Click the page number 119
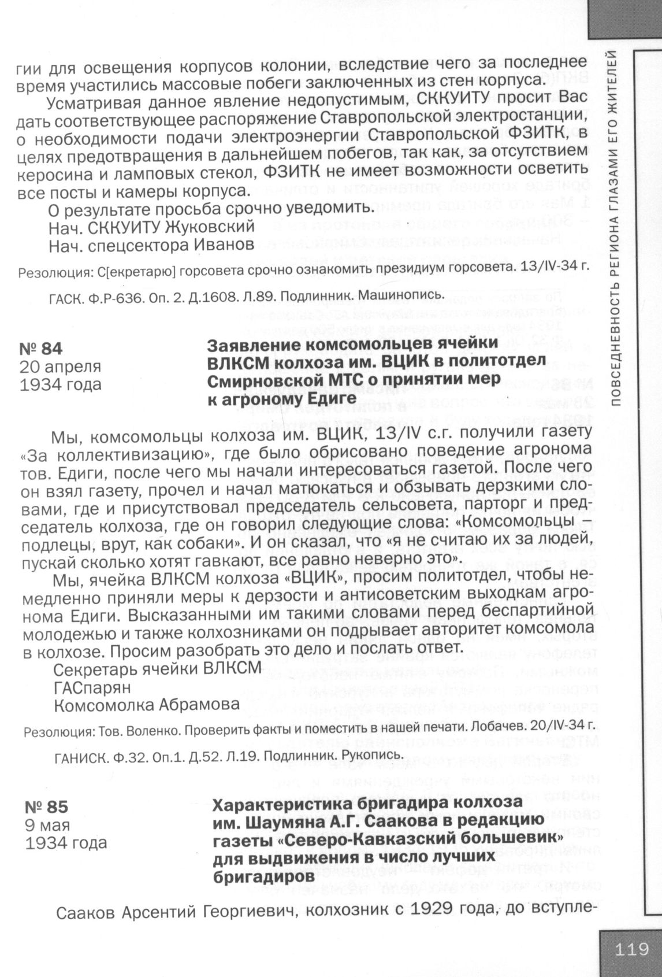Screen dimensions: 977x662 coord(632,949)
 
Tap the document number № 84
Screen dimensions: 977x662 coord(41,349)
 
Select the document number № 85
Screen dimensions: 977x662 coord(47,806)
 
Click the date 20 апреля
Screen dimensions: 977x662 coord(61,367)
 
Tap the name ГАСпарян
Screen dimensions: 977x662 coord(92,687)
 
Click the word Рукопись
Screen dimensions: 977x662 coord(371,755)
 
